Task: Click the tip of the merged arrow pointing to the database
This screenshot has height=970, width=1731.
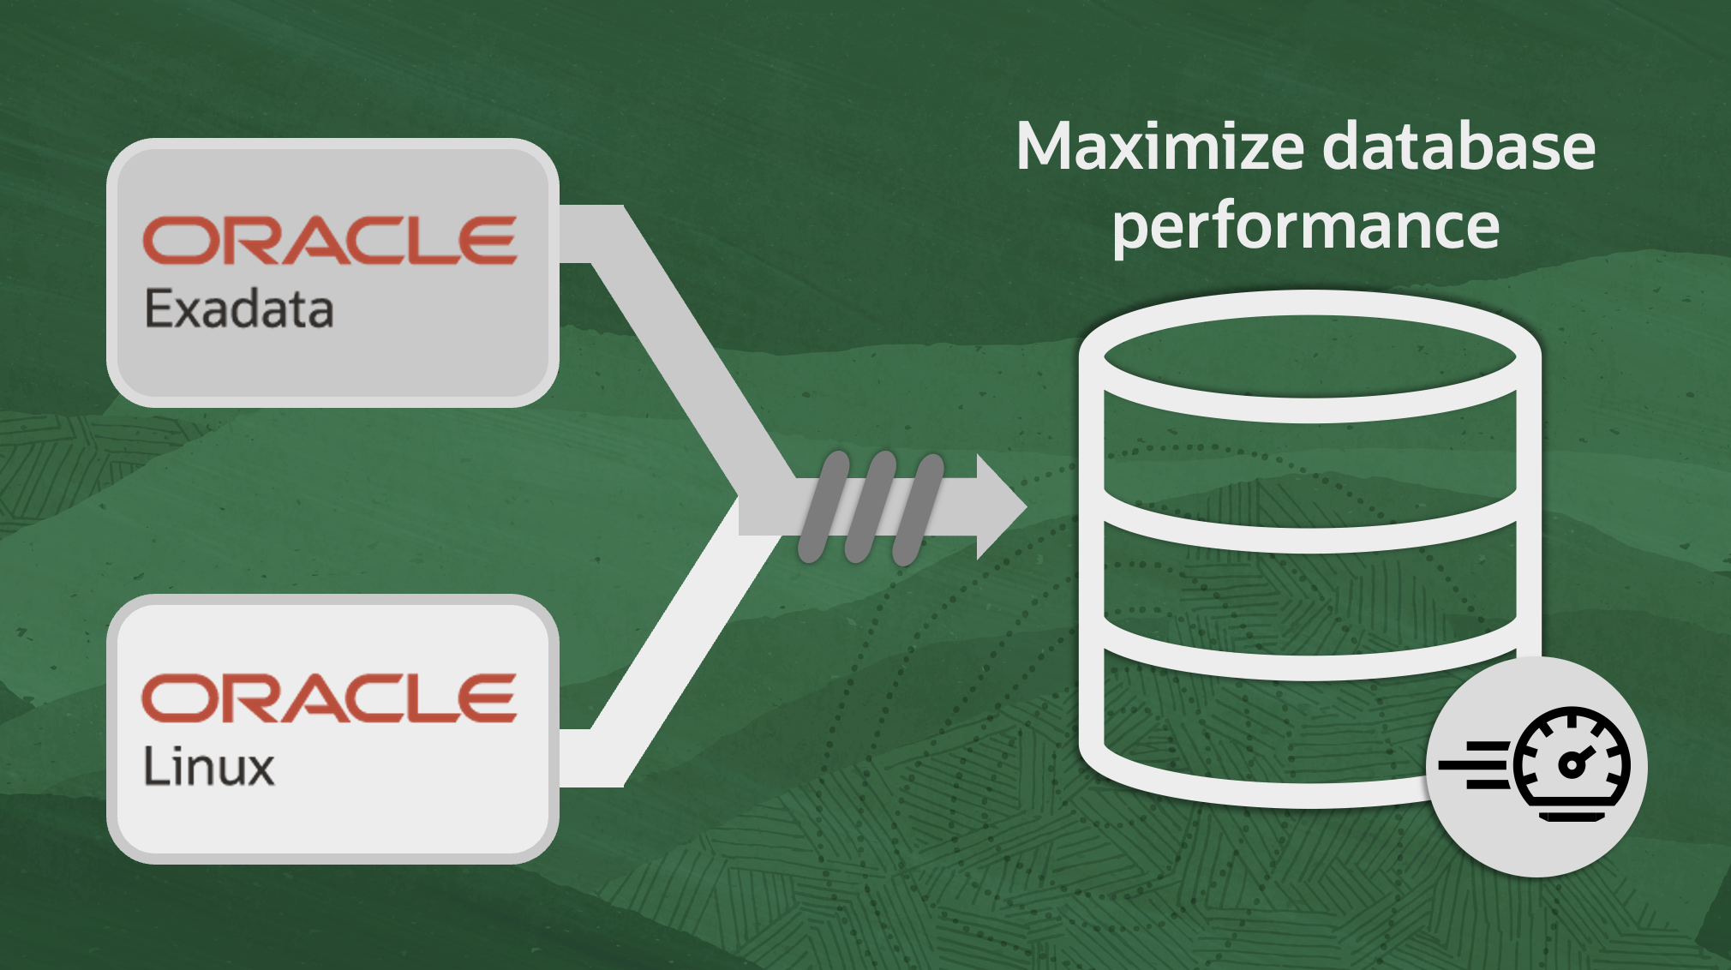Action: (1027, 506)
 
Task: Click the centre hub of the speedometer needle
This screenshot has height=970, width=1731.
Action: (1571, 764)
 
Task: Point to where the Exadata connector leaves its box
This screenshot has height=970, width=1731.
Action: (560, 234)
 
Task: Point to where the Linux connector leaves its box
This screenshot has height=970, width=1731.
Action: (560, 758)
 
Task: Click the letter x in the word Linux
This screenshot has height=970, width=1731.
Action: (257, 768)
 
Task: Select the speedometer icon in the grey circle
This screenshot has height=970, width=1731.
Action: (1536, 764)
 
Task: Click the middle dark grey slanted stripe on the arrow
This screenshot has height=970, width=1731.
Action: (870, 507)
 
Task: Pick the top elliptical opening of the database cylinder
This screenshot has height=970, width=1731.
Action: (1309, 356)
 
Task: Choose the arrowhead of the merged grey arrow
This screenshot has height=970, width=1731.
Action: (1002, 506)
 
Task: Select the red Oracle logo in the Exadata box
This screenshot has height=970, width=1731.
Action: (330, 240)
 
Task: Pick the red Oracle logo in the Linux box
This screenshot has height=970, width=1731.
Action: (330, 698)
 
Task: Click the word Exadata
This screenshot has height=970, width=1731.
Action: (239, 308)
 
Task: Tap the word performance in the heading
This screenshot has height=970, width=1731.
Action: (1306, 228)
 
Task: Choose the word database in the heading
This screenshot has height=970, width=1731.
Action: (1458, 147)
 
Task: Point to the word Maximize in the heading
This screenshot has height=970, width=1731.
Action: (1161, 147)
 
